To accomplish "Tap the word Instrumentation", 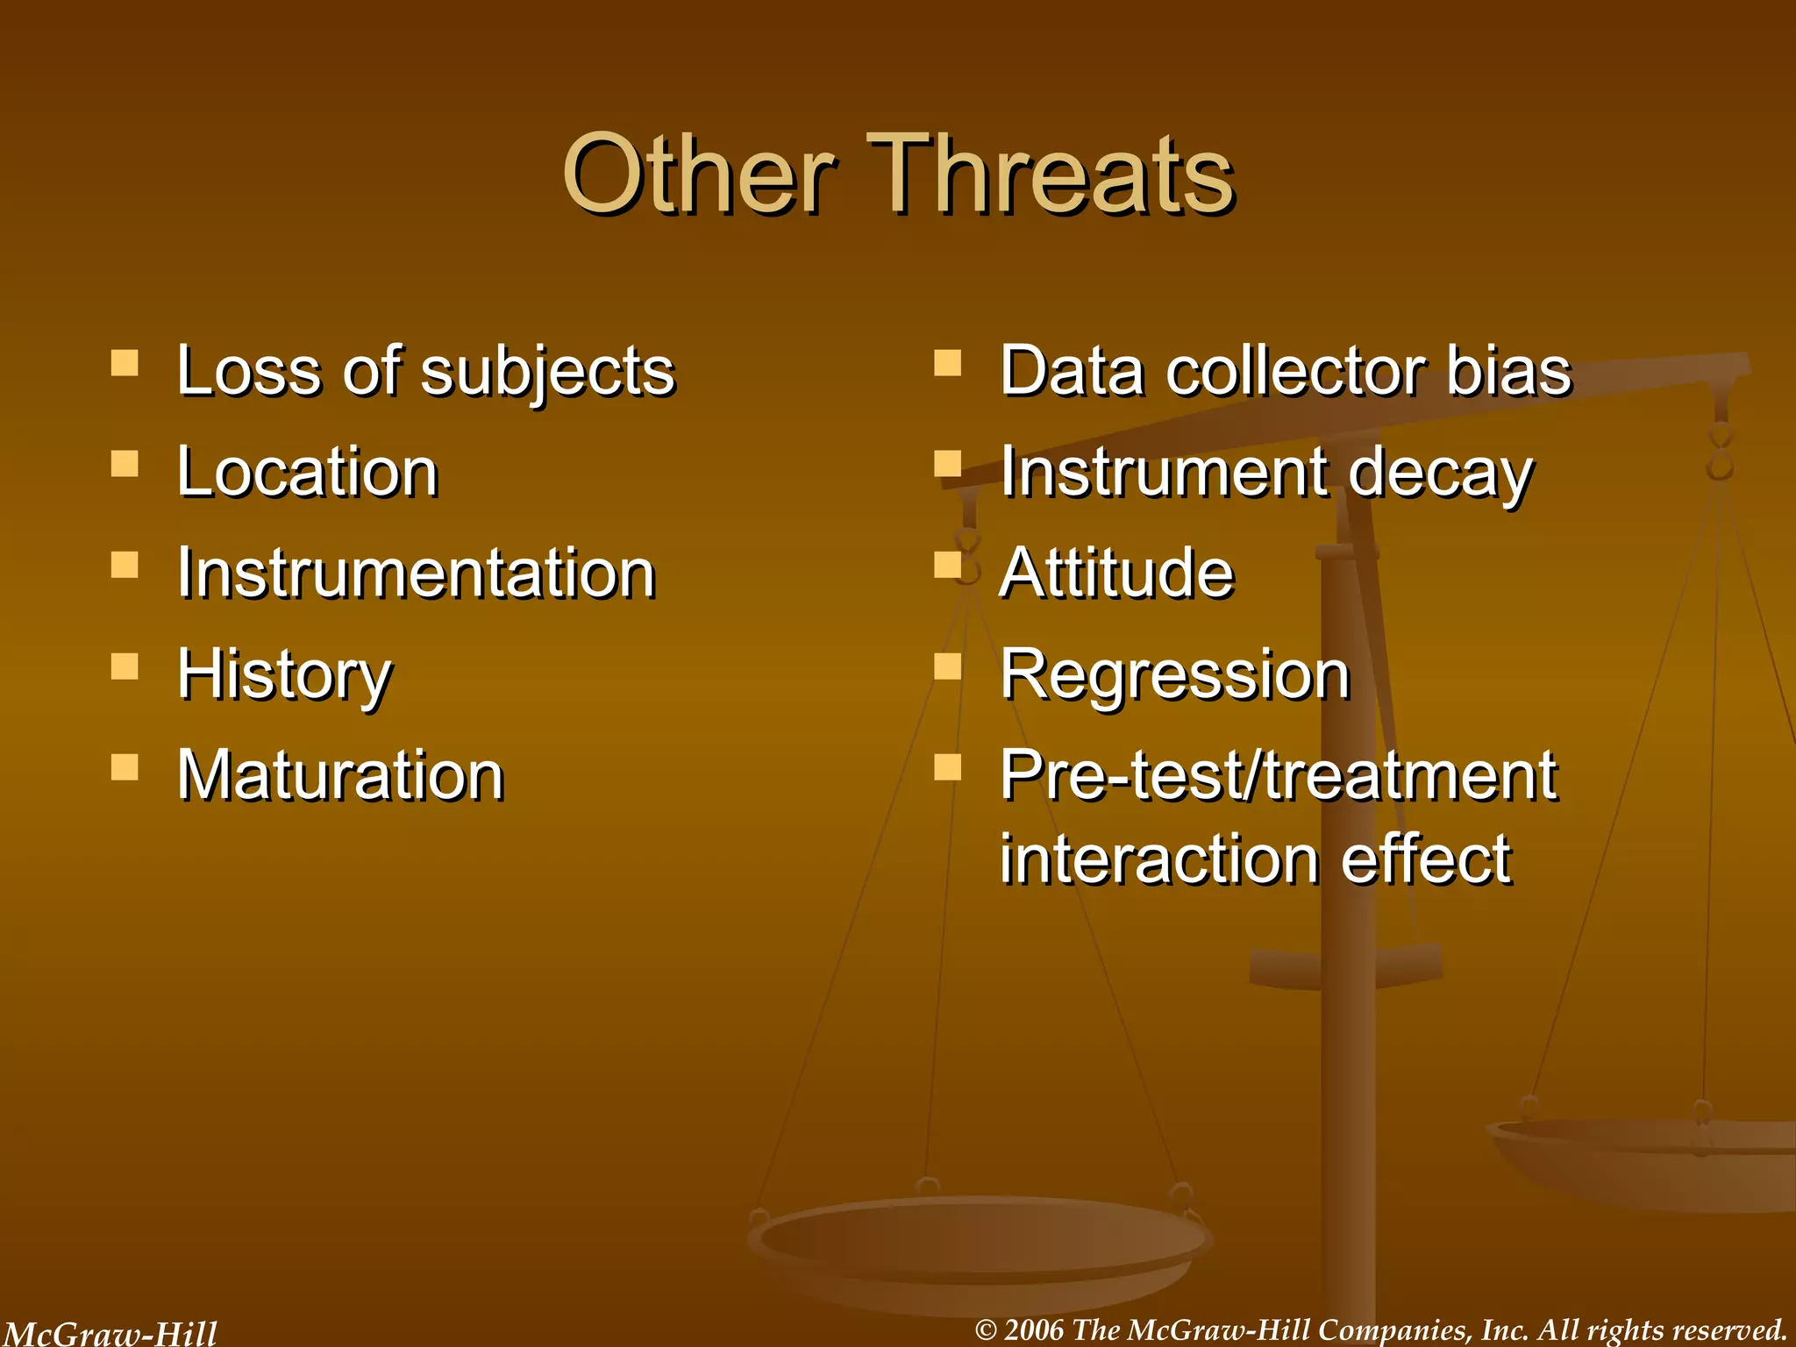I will pyautogui.click(x=416, y=574).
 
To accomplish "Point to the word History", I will pyautogui.click(x=284, y=675).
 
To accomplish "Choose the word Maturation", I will pyautogui.click(x=340, y=776).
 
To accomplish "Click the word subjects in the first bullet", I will pyautogui.click(x=547, y=372).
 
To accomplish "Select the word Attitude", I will pyautogui.click(x=1116, y=574).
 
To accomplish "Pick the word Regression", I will pyautogui.click(x=1174, y=675).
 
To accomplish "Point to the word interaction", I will pyautogui.click(x=1158, y=859).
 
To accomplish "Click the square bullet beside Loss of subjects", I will pyautogui.click(x=125, y=362).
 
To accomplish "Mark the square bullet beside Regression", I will pyautogui.click(x=947, y=666).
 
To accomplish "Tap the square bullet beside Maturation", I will pyautogui.click(x=125, y=767).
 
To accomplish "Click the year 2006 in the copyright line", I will pyautogui.click(x=1033, y=1330).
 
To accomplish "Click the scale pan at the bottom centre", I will pyautogui.click(x=978, y=1245).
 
